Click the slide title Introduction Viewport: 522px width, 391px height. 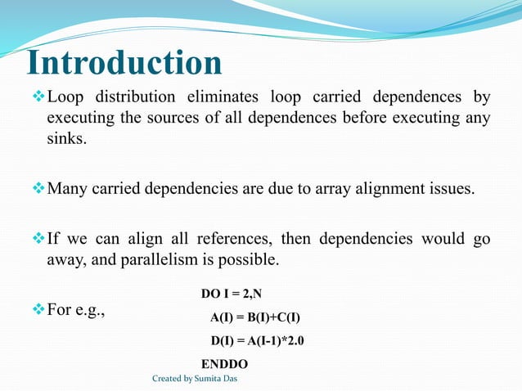click(124, 63)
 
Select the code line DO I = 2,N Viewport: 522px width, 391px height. click(237, 293)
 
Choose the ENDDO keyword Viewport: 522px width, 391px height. click(225, 364)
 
